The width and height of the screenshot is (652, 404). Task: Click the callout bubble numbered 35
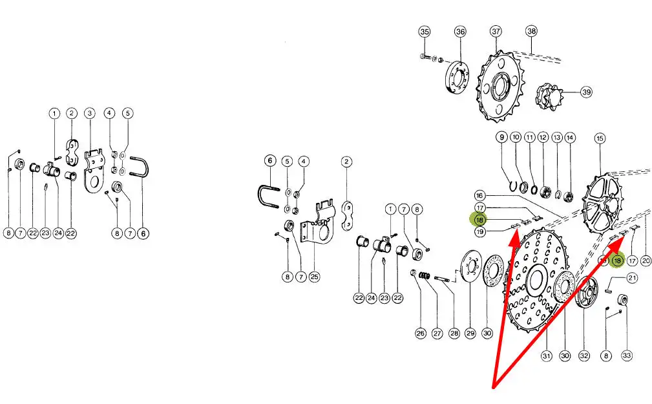(424, 32)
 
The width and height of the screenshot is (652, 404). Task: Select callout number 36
(460, 32)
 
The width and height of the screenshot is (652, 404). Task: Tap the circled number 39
(586, 92)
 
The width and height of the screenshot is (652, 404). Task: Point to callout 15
(600, 138)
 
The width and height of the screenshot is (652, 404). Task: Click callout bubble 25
(314, 277)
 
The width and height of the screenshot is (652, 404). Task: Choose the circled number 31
(547, 356)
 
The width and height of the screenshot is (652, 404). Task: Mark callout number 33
(627, 356)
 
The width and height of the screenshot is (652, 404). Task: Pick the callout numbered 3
(89, 113)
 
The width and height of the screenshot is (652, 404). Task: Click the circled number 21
(632, 278)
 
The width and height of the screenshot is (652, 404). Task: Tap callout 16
(479, 196)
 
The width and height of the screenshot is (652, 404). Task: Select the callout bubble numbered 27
(437, 334)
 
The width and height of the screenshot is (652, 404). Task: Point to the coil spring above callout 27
(424, 275)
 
